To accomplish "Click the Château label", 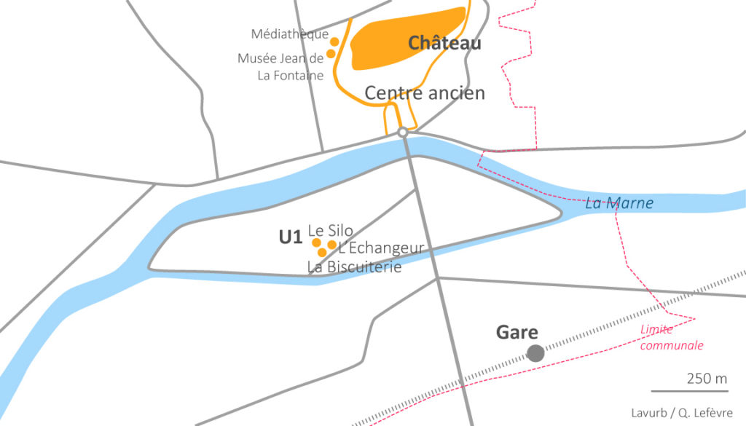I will pos(444,44).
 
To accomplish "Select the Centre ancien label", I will pos(425,93).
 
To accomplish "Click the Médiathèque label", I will pos(289,34).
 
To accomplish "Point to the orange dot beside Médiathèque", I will pos(335,41).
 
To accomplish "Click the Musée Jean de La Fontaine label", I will pos(280,66).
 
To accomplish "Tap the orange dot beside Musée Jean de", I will pos(331,53).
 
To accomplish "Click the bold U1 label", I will pos(290,237).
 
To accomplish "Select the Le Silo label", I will pos(331,230).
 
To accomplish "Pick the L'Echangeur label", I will pos(381,248).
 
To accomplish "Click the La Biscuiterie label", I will pos(354,267).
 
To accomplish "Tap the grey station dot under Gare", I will pos(535,354).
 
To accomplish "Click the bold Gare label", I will pos(517,333).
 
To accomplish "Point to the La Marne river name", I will pos(619,203).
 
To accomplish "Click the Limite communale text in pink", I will pos(672,338).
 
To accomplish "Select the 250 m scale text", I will pos(706,379).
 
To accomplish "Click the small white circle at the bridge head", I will pos(402,132).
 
